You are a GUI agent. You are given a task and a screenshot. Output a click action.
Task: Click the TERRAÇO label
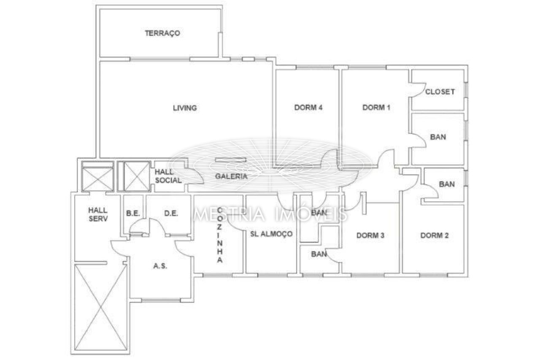pyautogui.click(x=162, y=33)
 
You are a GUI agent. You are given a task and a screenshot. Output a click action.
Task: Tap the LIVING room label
pyautogui.click(x=185, y=108)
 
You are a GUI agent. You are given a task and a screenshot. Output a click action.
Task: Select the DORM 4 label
pyautogui.click(x=308, y=107)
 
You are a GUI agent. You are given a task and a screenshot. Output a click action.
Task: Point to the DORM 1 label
pyautogui.click(x=376, y=107)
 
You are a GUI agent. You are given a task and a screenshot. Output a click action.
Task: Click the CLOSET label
pyautogui.click(x=440, y=92)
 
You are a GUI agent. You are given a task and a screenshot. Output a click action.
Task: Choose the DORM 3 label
pyautogui.click(x=370, y=235)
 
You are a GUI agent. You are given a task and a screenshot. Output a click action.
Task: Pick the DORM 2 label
pyautogui.click(x=435, y=235)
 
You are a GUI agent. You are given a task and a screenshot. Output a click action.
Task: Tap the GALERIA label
pyautogui.click(x=231, y=176)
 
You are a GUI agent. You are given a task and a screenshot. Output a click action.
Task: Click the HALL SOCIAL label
pyautogui.click(x=168, y=176)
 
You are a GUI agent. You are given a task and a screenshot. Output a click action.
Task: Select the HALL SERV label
pyautogui.click(x=98, y=214)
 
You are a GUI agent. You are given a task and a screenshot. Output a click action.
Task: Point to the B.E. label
pyautogui.click(x=133, y=214)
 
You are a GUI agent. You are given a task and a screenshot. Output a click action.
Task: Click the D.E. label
pyautogui.click(x=171, y=214)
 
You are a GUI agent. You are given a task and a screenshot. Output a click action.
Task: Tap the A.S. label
pyautogui.click(x=160, y=266)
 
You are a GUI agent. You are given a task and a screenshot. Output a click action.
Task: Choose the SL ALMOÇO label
pyautogui.click(x=271, y=234)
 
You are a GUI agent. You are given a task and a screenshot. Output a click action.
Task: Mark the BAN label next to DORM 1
pyautogui.click(x=438, y=137)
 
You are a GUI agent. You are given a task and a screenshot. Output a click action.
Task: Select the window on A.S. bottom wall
pyautogui.click(x=161, y=300)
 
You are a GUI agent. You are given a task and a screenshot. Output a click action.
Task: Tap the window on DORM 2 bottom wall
pyautogui.click(x=433, y=275)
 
